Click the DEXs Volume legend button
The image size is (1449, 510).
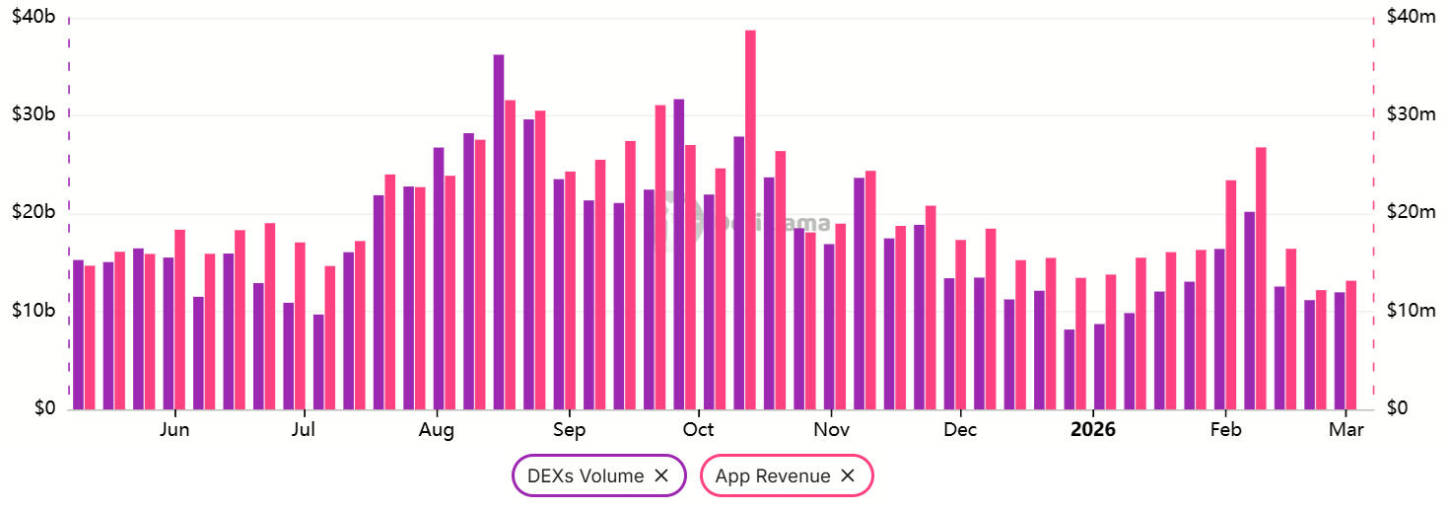pos(586,475)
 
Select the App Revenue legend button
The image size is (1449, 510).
pos(773,475)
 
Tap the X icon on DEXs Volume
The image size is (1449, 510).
pos(661,475)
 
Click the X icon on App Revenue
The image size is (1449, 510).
pos(848,475)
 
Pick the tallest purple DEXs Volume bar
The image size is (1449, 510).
pos(499,232)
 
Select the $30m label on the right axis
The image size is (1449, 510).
pos(1411,114)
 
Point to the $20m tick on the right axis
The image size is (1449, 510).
pos(1411,213)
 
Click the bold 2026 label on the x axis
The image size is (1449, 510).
pos(1093,430)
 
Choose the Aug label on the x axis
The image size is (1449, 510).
pos(436,430)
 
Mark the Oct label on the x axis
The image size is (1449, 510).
pos(699,430)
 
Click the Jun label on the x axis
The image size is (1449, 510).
pos(174,430)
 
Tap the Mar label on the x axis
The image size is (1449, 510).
pos(1346,430)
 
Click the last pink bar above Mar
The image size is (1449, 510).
pos(1351,345)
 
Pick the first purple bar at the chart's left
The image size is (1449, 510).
pos(78,334)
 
